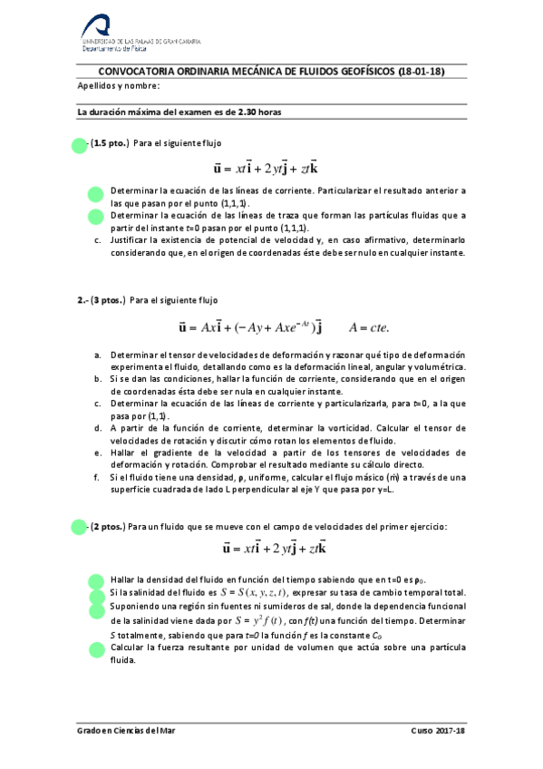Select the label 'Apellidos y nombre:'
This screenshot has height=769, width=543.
coord(118,86)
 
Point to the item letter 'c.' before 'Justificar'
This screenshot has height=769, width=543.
coord(97,240)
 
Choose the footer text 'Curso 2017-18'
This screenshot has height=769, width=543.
coord(437,731)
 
